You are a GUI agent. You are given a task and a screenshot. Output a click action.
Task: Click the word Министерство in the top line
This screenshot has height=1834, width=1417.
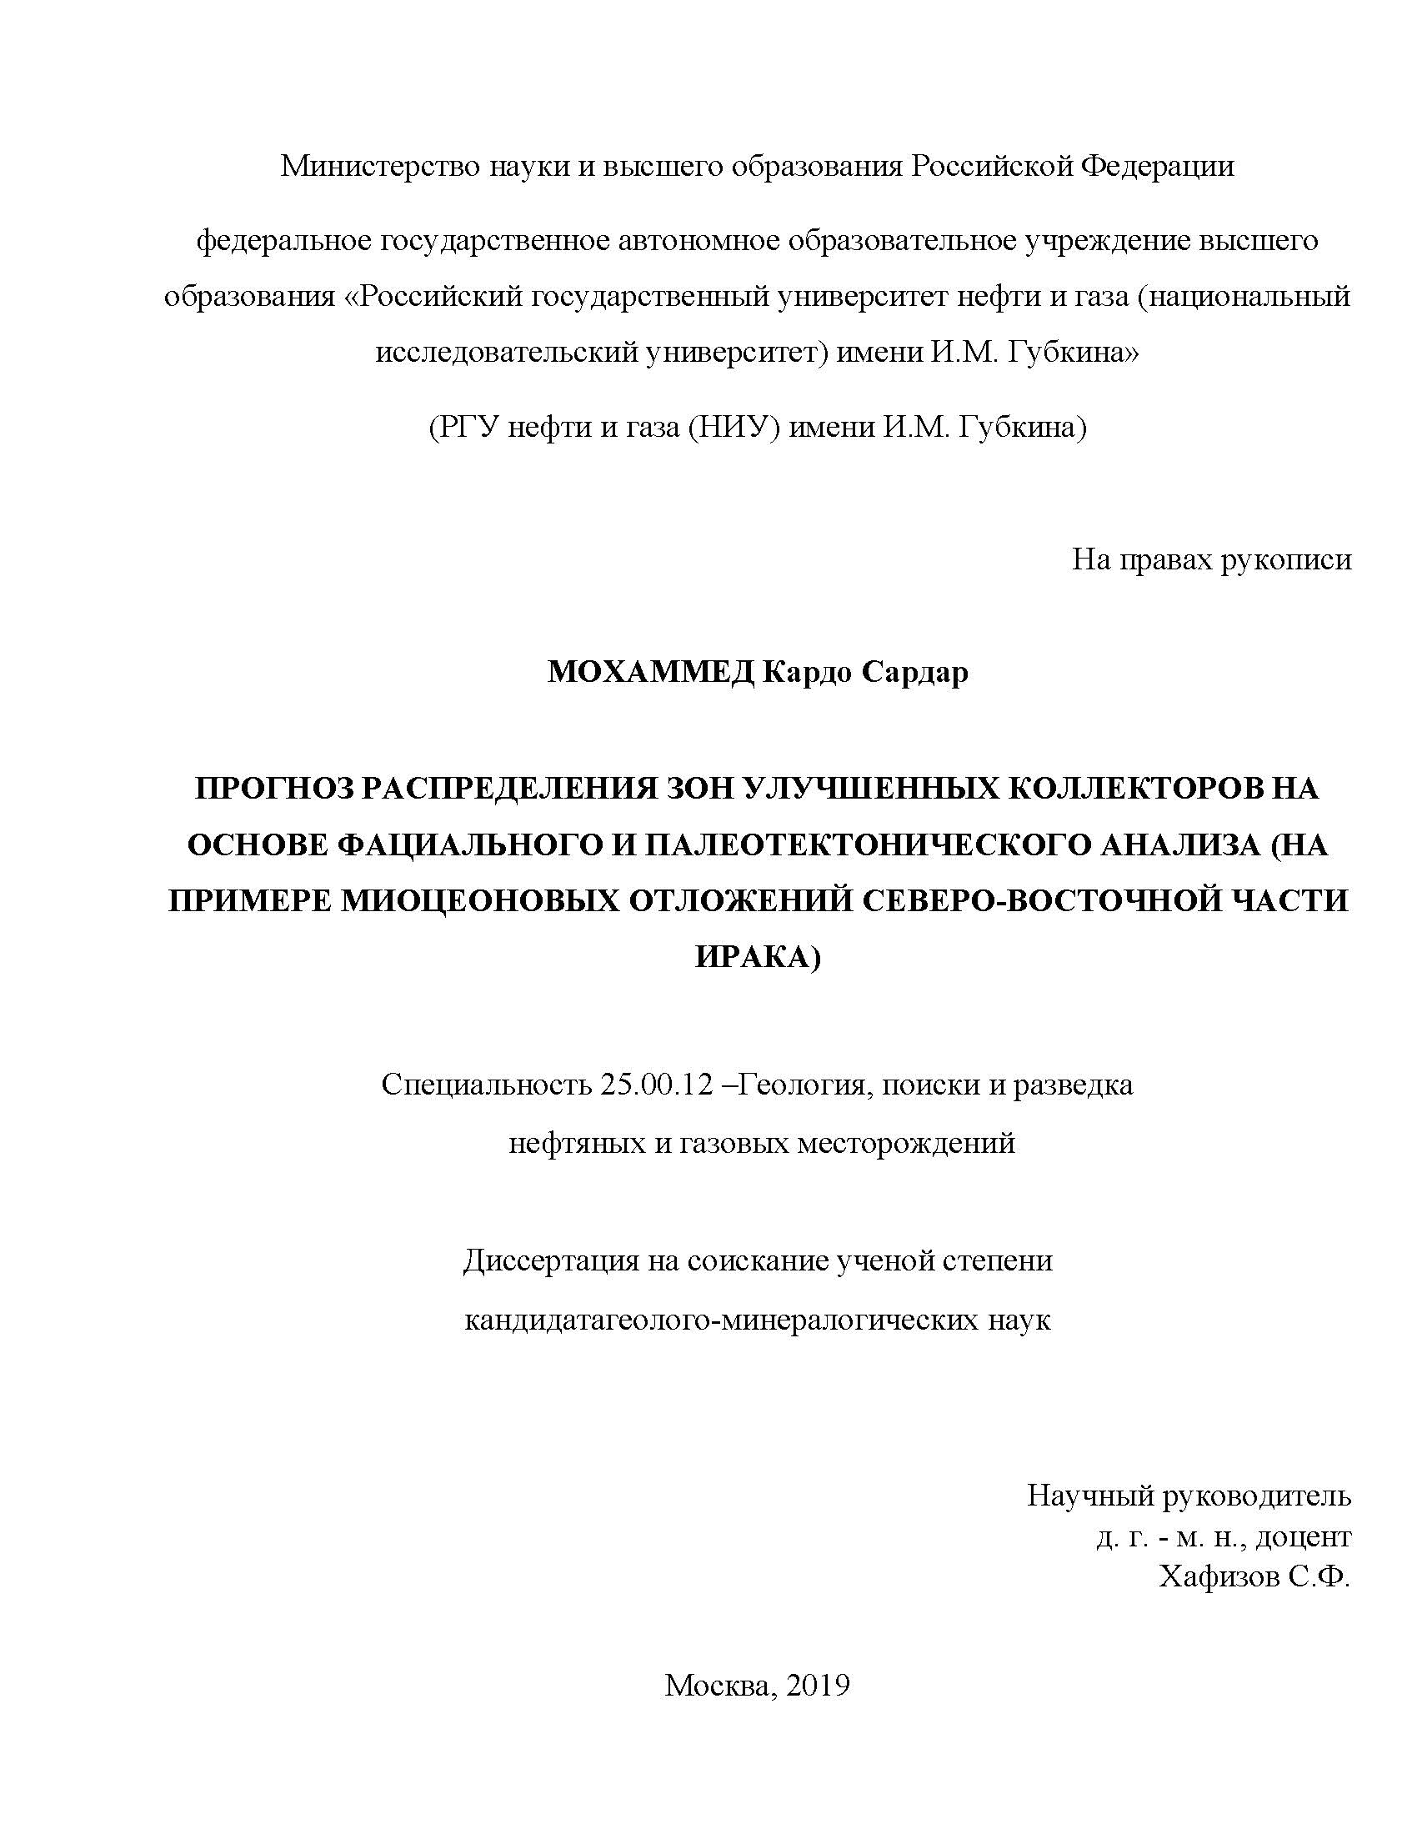click(381, 166)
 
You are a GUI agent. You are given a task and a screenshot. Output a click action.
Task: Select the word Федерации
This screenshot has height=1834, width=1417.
click(1157, 166)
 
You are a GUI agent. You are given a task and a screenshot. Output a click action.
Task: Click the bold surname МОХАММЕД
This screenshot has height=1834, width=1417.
click(651, 673)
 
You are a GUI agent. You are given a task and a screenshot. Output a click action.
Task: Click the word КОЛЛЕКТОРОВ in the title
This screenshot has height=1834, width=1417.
click(1127, 789)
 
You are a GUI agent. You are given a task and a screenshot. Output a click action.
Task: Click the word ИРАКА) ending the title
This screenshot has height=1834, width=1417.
click(757, 957)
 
